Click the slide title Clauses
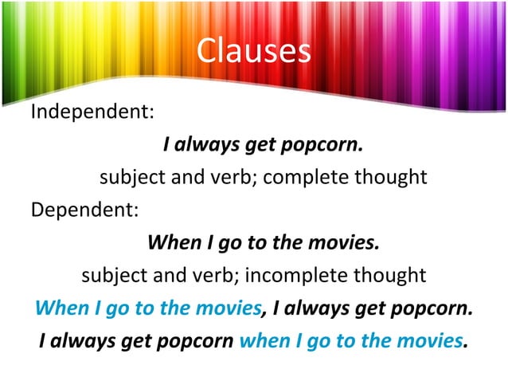coord(253,50)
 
